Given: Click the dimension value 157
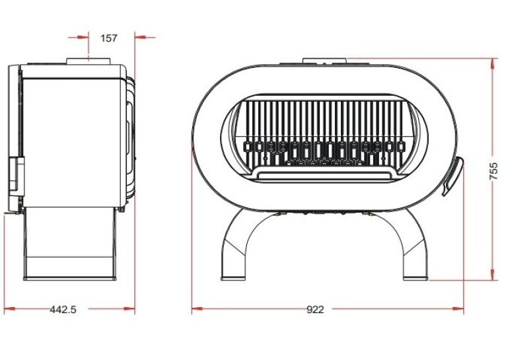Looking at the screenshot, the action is pos(109,38).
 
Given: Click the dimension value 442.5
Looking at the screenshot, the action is pos(63,310).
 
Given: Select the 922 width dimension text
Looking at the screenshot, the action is pos(315,310).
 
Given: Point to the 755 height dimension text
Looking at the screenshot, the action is pos(493,171).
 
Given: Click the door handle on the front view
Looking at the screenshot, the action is pos(453,176).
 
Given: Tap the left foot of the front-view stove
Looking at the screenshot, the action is pos(233,277).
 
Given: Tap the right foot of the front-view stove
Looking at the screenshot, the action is pos(416,277).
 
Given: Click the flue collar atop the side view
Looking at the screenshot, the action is pos(89,61).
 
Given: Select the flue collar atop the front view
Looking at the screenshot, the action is pos(324,61).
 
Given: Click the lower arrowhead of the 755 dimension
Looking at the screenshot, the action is pos(492,275).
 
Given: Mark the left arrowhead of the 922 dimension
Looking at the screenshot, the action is pos(197,309).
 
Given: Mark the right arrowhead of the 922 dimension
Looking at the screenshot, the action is pos(458,309).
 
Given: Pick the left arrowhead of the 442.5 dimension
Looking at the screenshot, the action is pos(10,309).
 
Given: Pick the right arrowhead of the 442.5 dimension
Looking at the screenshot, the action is pos(129,309).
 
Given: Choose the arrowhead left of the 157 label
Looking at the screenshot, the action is pos(83,38).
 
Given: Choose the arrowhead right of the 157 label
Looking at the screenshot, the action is pos(140,38).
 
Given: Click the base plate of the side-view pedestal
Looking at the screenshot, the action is pos(69,278).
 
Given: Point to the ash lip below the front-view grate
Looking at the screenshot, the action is pos(324,174).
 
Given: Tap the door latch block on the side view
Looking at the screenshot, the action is pos(16,177).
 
